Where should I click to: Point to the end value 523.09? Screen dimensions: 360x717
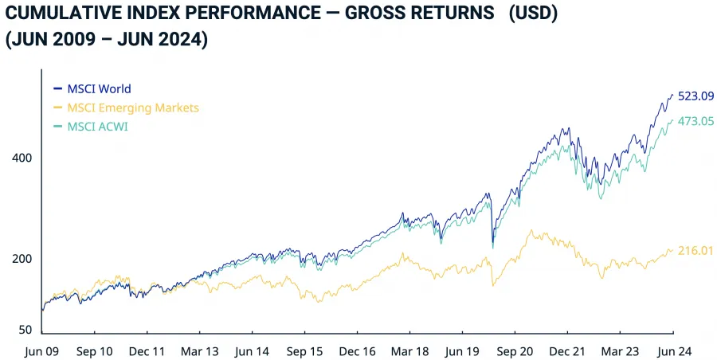[x=695, y=96]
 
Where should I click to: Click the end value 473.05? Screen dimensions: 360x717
[x=695, y=121]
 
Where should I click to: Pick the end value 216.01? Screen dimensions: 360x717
[x=695, y=250]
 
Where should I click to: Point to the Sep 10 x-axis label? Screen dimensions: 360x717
[x=94, y=350]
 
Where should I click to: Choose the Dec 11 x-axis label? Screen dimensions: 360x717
[x=147, y=350]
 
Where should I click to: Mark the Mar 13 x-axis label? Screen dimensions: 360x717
[x=199, y=350]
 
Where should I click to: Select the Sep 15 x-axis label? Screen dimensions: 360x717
[x=304, y=350]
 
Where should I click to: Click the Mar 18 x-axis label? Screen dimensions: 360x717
[x=410, y=350]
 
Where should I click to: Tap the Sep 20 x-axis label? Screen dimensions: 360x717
[x=515, y=350]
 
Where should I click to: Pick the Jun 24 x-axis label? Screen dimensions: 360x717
[x=672, y=350]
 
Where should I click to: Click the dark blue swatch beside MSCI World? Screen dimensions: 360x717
[x=57, y=89]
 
